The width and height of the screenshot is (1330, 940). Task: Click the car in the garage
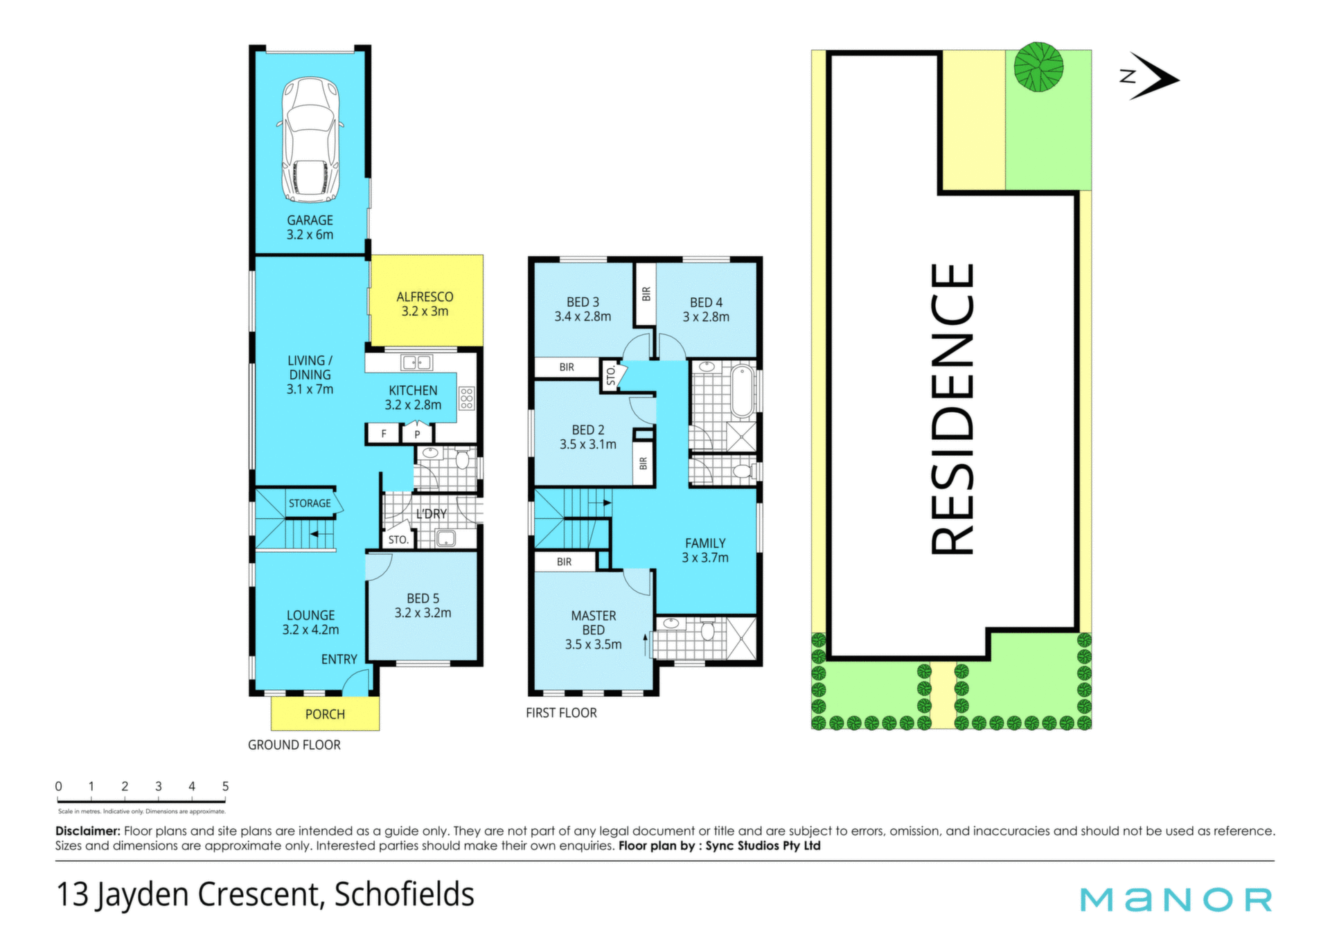point(310,139)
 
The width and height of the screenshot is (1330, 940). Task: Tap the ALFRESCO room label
point(425,296)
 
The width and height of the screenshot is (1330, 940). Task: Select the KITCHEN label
point(413,391)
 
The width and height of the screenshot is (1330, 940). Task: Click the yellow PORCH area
point(325,713)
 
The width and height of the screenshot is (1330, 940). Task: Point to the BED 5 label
point(423,598)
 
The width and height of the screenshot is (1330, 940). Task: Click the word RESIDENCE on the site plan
point(952,409)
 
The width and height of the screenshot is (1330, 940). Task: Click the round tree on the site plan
point(1038,67)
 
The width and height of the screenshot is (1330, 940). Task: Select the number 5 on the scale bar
point(225,786)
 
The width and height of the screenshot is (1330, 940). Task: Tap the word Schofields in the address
point(405,894)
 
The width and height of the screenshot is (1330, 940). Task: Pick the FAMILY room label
point(705,543)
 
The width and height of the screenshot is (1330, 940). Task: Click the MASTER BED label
point(594,623)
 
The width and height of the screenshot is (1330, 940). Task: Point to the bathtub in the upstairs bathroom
point(742,391)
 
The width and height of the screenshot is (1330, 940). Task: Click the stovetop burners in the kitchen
point(467,398)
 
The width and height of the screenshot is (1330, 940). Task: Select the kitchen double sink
point(416,362)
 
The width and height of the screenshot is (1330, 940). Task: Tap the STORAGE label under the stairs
point(310,504)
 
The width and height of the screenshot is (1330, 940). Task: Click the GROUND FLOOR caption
point(294,745)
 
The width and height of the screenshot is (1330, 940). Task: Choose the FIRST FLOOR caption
point(561,713)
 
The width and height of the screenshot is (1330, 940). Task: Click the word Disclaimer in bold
point(88,831)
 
